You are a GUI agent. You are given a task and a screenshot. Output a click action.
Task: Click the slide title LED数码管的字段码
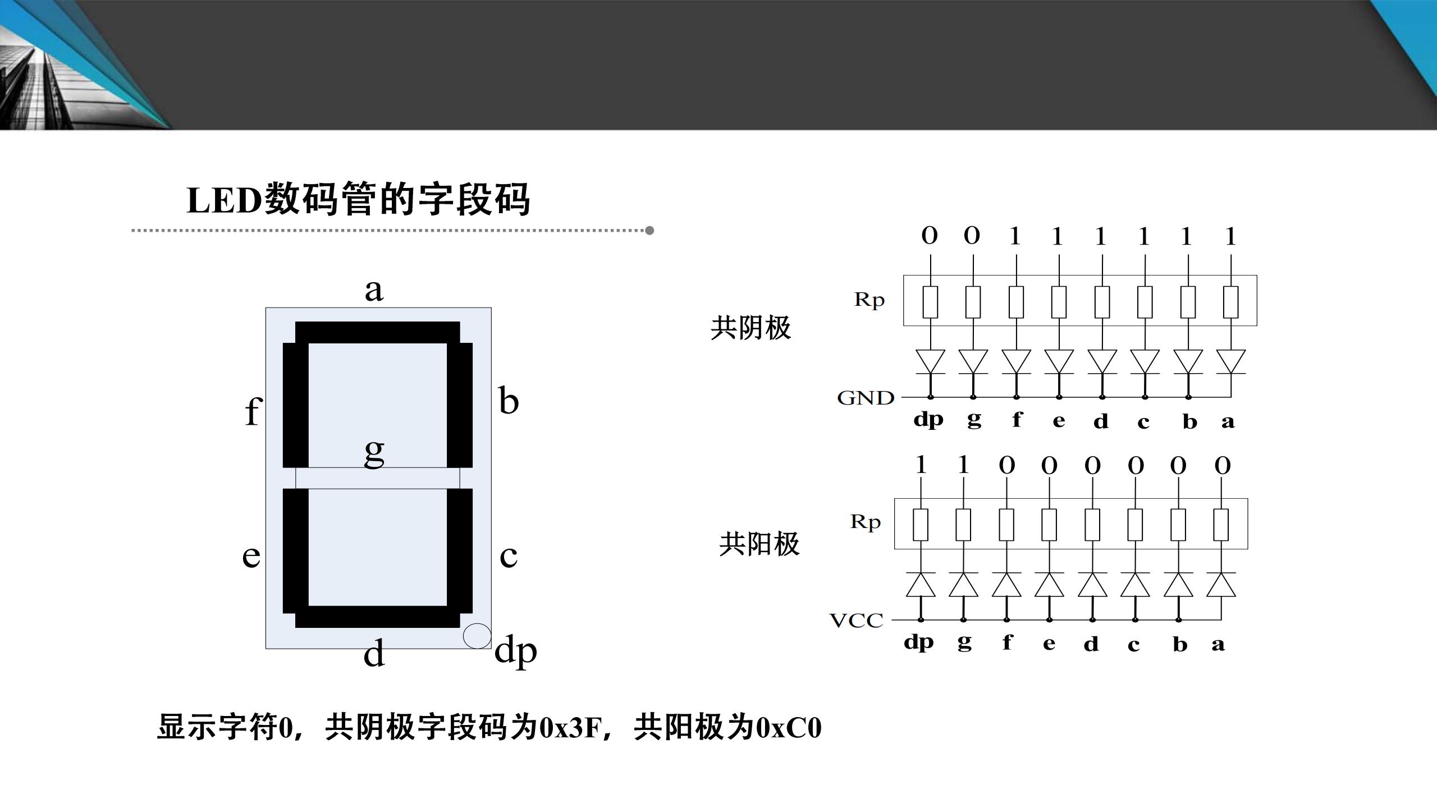click(x=358, y=199)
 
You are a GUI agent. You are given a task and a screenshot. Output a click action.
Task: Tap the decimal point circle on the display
click(x=477, y=636)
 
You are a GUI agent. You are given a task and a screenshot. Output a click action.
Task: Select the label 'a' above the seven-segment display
click(x=374, y=290)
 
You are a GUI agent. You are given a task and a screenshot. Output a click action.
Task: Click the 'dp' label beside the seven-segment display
click(x=515, y=651)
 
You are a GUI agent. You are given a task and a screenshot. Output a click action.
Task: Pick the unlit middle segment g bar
click(x=377, y=478)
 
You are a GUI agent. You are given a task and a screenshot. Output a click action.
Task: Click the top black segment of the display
click(x=377, y=332)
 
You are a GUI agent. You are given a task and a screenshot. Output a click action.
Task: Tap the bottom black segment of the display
click(x=377, y=617)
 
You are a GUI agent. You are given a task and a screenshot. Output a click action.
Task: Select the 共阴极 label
click(x=750, y=328)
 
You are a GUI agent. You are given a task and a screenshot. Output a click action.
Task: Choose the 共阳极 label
click(x=759, y=544)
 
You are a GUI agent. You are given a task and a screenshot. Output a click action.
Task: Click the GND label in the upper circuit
click(x=865, y=398)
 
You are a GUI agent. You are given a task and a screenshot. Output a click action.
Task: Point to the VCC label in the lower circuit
click(x=856, y=620)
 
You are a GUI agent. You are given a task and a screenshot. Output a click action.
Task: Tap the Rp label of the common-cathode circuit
click(x=869, y=300)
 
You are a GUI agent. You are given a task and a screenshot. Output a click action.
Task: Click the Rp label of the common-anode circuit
click(x=865, y=522)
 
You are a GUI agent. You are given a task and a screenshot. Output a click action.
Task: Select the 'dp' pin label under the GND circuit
click(x=928, y=420)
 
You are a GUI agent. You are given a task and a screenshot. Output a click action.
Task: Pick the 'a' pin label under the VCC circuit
click(x=1218, y=644)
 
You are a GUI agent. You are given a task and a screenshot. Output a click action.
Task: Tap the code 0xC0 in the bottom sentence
click(x=789, y=728)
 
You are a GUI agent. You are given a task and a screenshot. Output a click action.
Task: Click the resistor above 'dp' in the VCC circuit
click(x=921, y=525)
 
